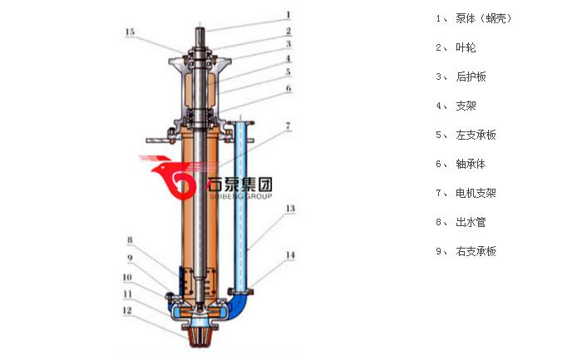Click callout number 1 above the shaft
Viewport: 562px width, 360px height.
click(x=288, y=14)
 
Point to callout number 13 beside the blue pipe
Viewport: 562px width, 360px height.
click(x=288, y=209)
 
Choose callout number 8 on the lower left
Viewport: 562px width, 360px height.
click(x=130, y=241)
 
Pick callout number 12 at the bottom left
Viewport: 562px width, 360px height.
click(x=127, y=311)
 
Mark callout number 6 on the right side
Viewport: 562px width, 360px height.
click(x=288, y=88)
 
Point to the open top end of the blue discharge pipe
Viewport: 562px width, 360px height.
click(x=242, y=121)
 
